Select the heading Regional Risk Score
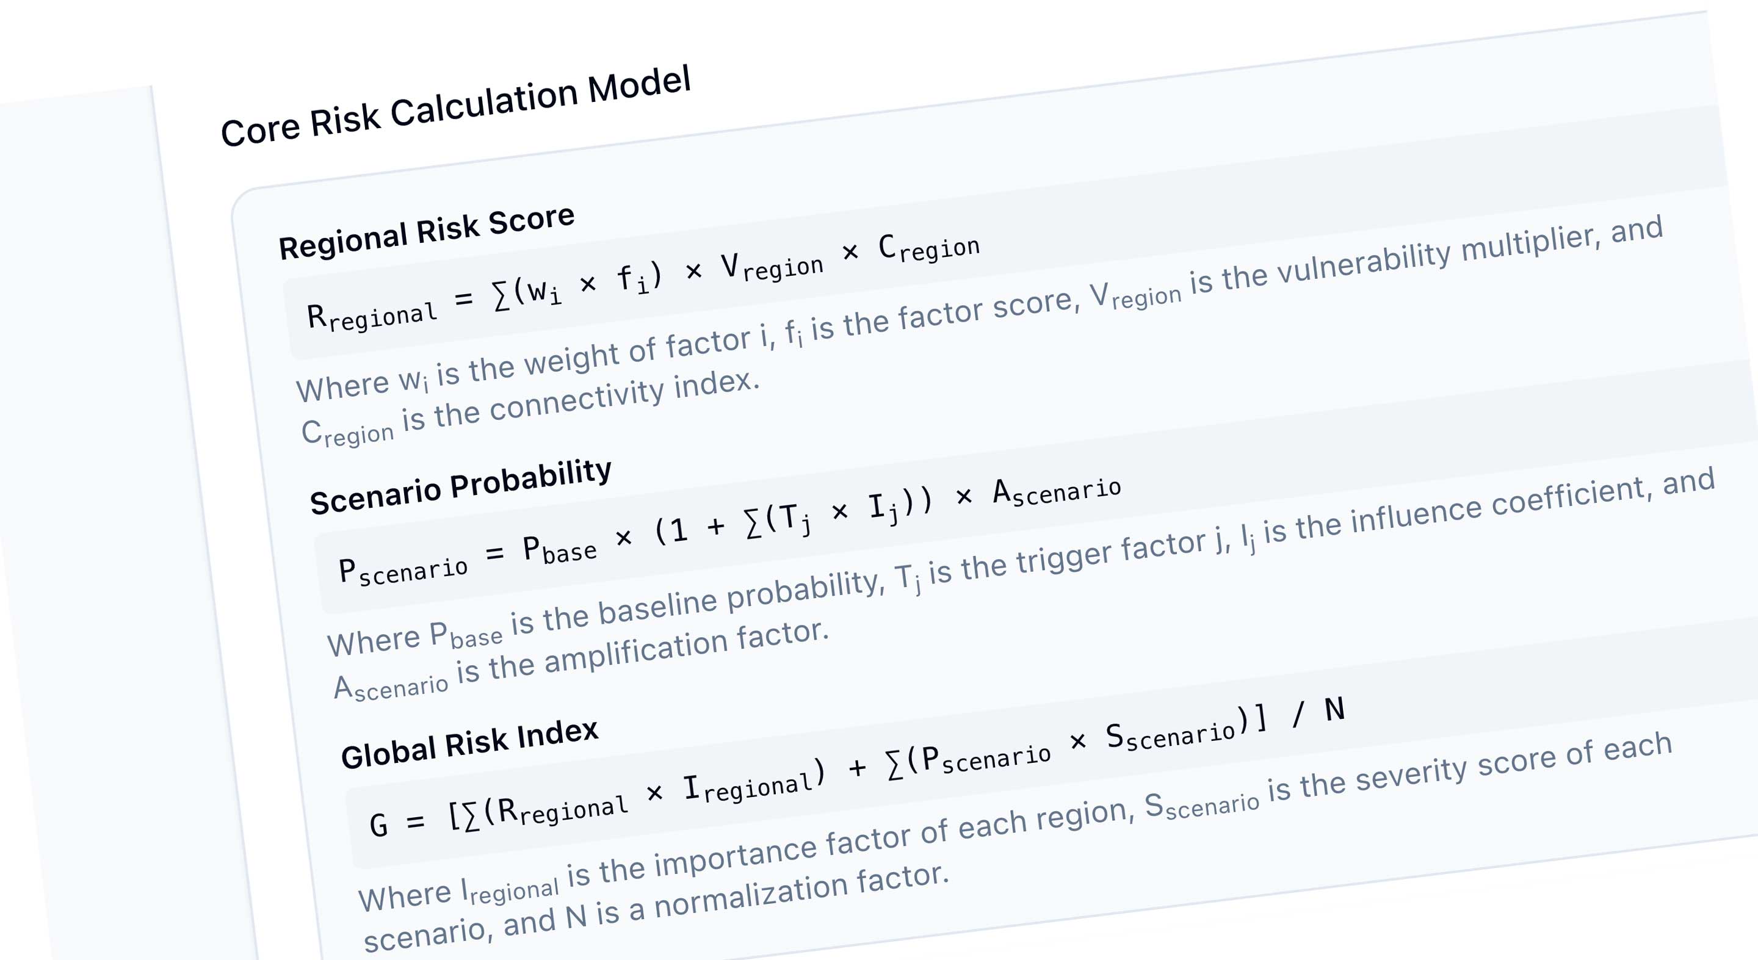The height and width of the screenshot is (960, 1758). click(x=427, y=232)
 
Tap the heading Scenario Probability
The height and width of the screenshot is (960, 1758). click(x=461, y=486)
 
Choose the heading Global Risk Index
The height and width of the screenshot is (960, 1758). click(x=470, y=744)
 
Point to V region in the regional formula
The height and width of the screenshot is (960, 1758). click(x=772, y=266)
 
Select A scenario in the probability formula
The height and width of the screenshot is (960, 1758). click(x=1057, y=491)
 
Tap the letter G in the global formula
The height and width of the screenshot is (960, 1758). click(x=378, y=825)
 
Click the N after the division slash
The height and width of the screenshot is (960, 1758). click(x=1335, y=710)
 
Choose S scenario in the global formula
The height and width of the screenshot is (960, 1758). click(x=1170, y=735)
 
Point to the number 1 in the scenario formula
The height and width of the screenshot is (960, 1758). click(x=678, y=530)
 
